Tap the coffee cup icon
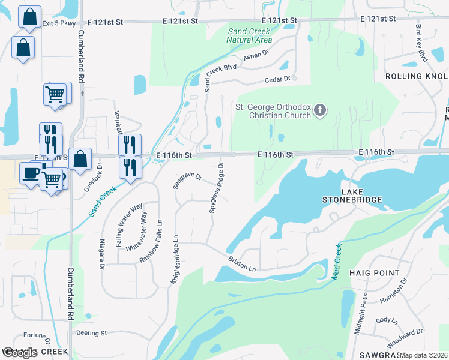pyautogui.click(x=29, y=173)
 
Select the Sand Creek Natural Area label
pyautogui.click(x=249, y=35)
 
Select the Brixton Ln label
pyautogui.click(x=242, y=265)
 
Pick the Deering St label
pyautogui.click(x=91, y=332)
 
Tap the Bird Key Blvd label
pyautogui.click(x=421, y=43)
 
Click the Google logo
pyautogui.click(x=19, y=353)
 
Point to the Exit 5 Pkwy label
pyautogui.click(x=59, y=23)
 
